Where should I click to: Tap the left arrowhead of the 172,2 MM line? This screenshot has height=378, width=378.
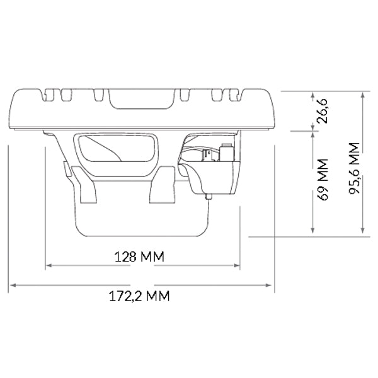pyautogui.click(x=11, y=286)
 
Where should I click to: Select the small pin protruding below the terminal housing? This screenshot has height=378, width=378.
pyautogui.click(x=209, y=197)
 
